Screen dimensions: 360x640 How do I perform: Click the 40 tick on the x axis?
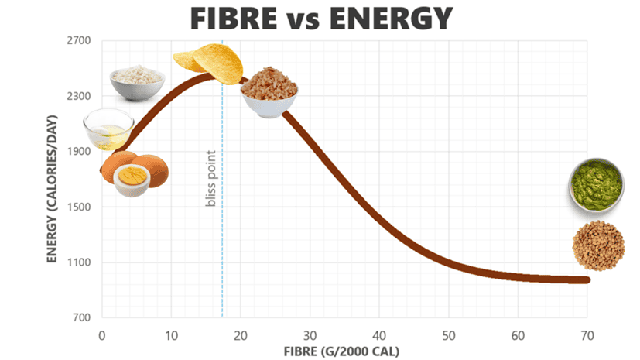point(379,335)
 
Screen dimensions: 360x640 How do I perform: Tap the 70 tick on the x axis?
point(587,335)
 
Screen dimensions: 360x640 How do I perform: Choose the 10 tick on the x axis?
point(171,335)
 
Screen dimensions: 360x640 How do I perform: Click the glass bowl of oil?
point(108,129)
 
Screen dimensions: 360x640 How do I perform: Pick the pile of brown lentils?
point(598,245)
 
